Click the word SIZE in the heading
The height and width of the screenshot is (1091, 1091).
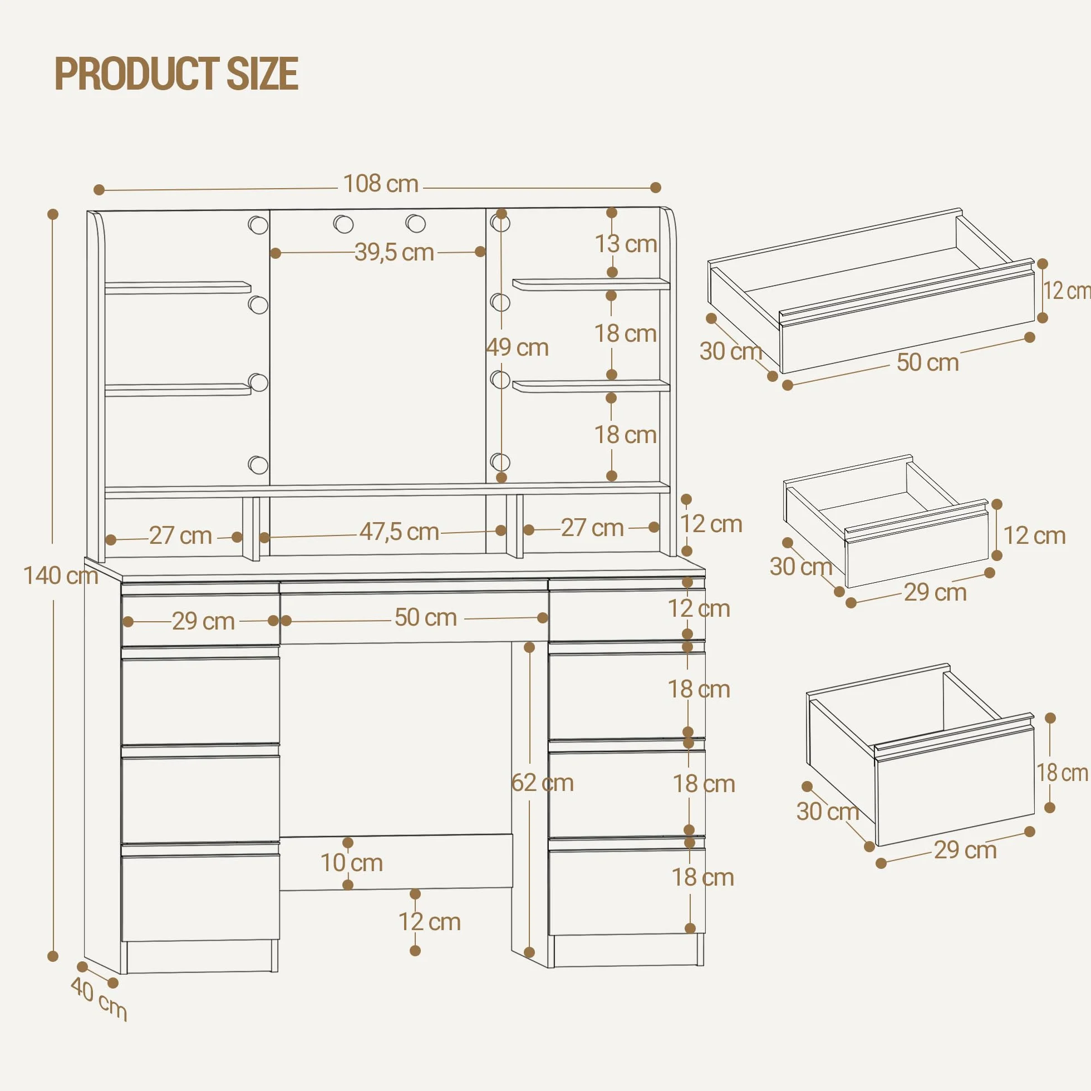(x=262, y=73)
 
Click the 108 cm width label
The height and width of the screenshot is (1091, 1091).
(x=381, y=184)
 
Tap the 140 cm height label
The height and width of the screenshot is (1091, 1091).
(x=61, y=576)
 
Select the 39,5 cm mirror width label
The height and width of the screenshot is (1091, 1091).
(x=394, y=252)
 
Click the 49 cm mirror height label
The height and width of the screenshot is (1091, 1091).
(x=517, y=348)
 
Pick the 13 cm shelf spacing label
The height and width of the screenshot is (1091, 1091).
(x=626, y=244)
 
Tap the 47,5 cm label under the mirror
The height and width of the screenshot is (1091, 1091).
(x=399, y=532)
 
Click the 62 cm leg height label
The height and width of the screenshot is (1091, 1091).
(x=542, y=783)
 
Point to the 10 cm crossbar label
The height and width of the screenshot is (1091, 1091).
(x=351, y=863)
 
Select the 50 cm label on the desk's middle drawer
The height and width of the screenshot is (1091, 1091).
(x=426, y=617)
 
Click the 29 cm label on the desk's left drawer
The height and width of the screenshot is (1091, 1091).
(x=203, y=621)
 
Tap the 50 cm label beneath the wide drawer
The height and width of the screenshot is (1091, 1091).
(x=928, y=362)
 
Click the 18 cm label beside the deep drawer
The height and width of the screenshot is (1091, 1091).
(x=1062, y=773)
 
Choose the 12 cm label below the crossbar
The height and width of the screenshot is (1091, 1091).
(x=430, y=922)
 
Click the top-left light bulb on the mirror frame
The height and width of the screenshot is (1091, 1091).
(x=258, y=225)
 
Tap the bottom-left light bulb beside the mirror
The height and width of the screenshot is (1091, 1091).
(x=258, y=465)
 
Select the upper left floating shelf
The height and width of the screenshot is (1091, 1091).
(x=178, y=287)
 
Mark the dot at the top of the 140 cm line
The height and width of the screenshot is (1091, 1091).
(x=53, y=214)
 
